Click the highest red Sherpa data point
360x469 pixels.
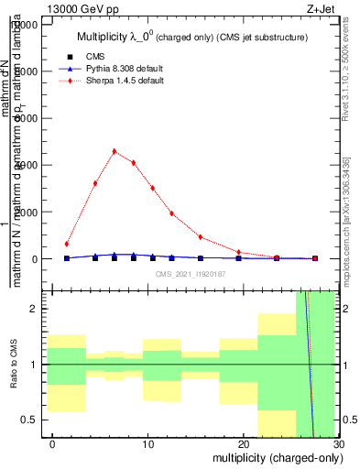pos(115,151)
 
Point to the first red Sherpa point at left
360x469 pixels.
pos(67,244)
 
